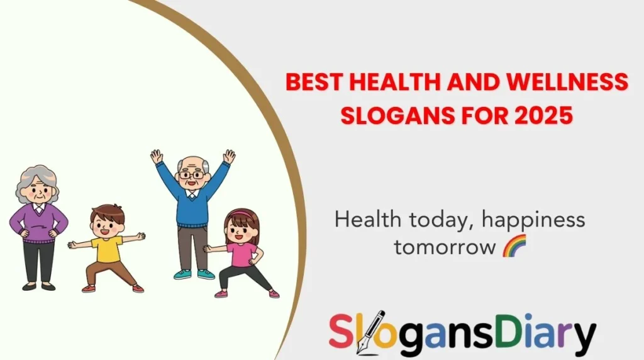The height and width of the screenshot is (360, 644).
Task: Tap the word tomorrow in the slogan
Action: coord(444,247)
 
